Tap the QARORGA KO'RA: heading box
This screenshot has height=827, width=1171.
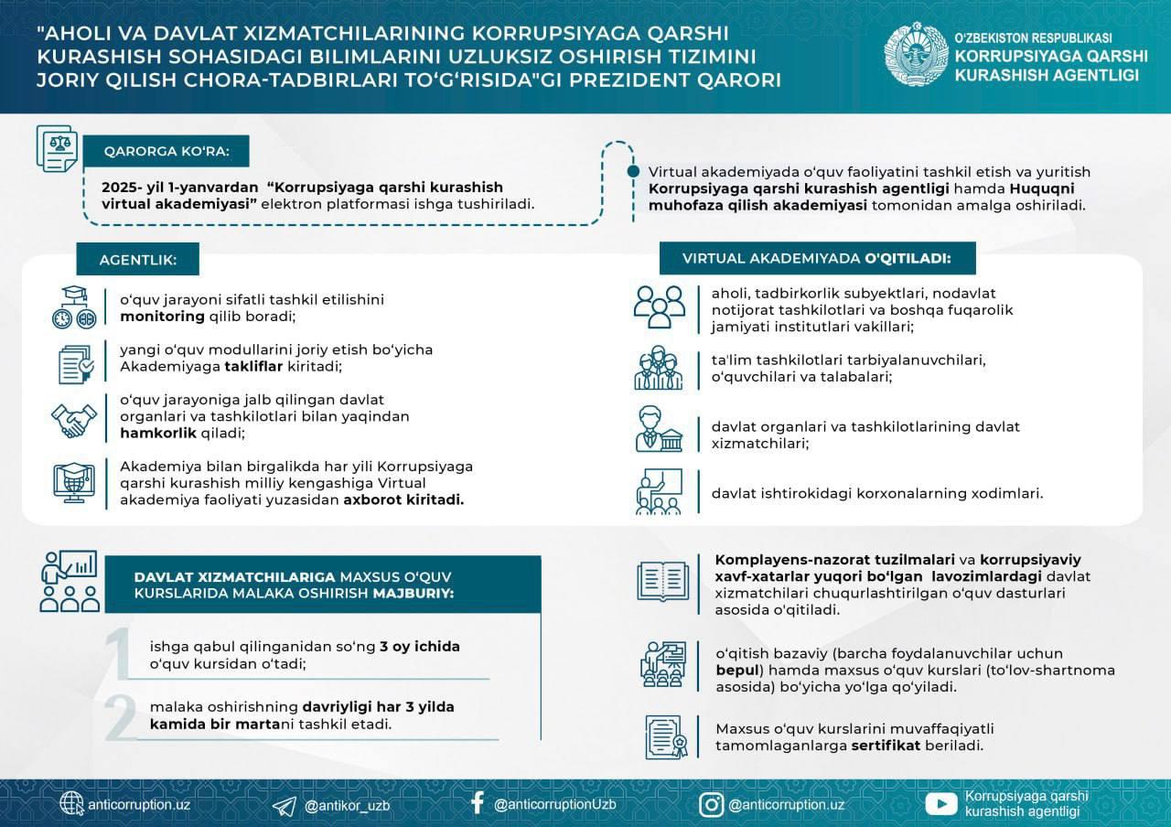pos(167,152)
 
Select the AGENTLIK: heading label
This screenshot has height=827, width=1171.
pos(137,260)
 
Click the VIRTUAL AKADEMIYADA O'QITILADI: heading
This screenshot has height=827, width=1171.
pos(817,258)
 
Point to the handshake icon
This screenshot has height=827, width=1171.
pos(73,419)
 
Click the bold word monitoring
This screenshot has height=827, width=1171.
pos(162,317)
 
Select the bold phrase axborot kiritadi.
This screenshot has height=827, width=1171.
pos(403,499)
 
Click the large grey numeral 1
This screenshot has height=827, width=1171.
pos(119,653)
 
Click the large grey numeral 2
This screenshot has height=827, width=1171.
pos(121,717)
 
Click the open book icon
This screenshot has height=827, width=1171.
pos(661,580)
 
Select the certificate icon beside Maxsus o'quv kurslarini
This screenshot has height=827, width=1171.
pos(666,736)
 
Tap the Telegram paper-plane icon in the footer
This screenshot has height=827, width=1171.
pos(285,805)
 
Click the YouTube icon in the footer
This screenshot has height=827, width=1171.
pos(941,804)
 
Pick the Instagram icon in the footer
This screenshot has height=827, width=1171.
pos(712,804)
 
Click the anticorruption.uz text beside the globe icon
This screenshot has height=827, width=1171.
pos(139,805)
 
